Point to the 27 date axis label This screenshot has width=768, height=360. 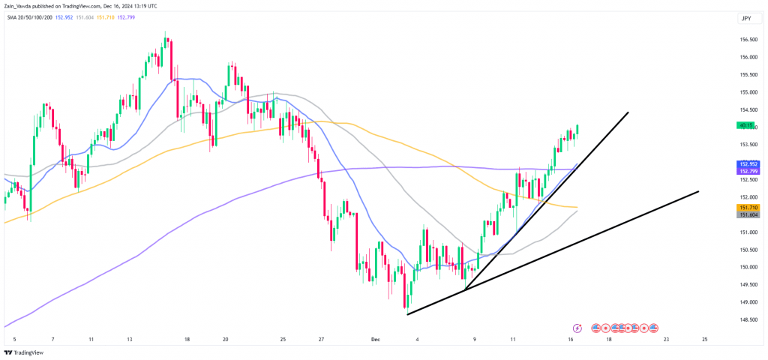point(320,338)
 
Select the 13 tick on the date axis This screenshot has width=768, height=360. point(129,338)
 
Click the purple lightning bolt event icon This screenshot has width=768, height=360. point(577,328)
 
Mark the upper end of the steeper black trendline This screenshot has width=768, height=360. point(627,112)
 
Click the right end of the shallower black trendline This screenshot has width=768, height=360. point(698,191)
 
